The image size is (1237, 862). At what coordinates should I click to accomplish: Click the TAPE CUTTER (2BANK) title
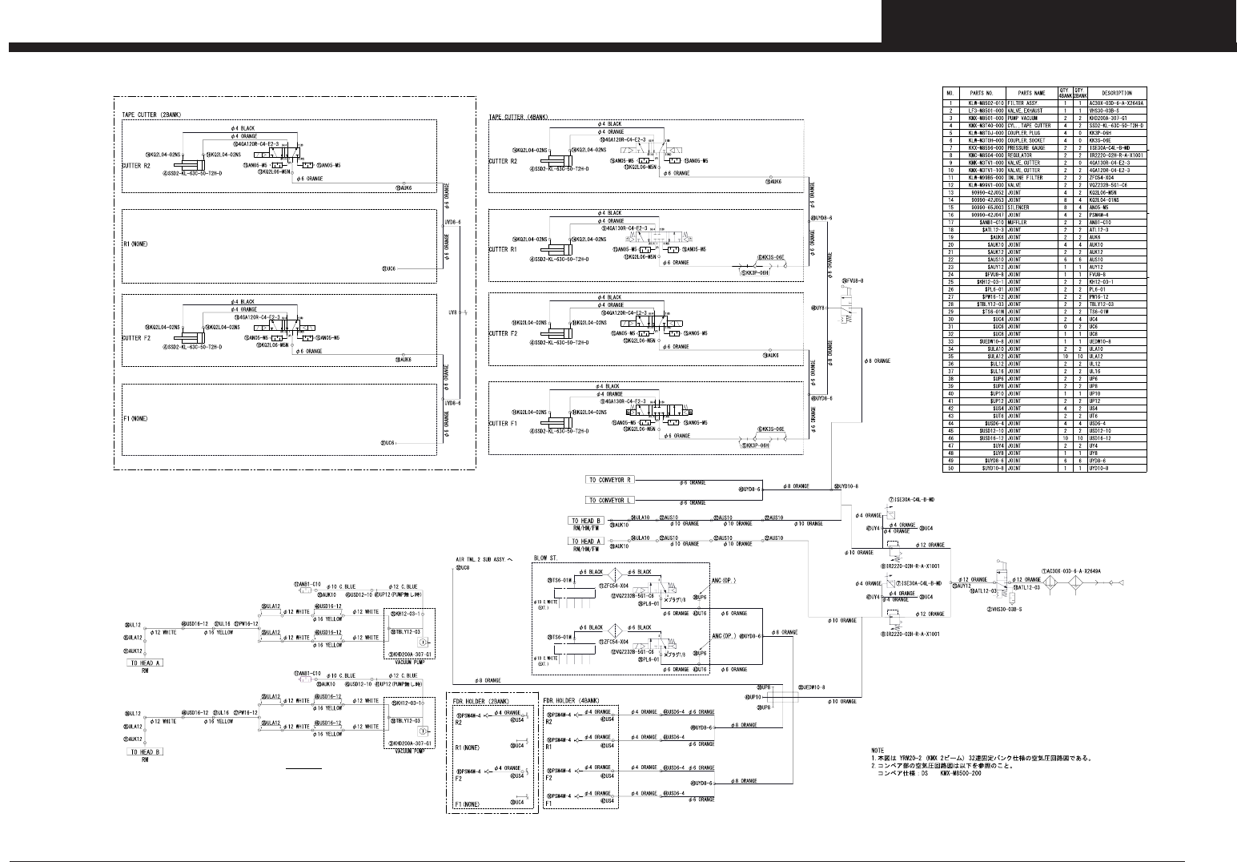[151, 115]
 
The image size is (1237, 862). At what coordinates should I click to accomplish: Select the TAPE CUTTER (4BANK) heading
[518, 117]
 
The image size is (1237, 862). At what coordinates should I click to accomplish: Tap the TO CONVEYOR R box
[610, 480]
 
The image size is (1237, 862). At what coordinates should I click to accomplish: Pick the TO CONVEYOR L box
[610, 500]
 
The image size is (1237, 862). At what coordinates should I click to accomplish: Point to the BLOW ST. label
[545, 558]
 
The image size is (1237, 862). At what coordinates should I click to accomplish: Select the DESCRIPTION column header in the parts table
[1116, 93]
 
